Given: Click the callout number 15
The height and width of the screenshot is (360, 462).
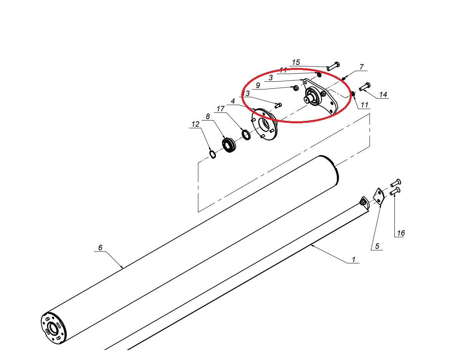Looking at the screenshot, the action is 296,63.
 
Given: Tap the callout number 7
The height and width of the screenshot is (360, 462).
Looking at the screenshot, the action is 362,67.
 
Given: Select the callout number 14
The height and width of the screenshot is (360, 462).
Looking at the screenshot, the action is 383,94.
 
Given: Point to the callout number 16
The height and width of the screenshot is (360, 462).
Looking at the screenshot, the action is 401,233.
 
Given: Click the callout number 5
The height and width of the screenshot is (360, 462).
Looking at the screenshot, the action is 377,246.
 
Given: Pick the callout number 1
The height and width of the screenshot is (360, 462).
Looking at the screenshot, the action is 354,259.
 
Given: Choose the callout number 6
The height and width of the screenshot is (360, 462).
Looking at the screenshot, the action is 100,248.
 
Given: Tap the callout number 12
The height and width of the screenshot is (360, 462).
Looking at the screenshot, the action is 195,124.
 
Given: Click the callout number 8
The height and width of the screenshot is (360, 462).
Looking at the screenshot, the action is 208,116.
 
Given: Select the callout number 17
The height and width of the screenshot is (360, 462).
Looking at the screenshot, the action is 220,109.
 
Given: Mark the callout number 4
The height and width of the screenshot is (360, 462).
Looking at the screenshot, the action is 233,101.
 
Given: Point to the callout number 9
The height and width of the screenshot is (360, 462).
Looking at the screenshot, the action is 258,85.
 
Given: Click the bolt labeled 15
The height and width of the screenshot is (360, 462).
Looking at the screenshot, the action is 333,66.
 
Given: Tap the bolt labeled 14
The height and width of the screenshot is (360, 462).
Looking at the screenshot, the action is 364,86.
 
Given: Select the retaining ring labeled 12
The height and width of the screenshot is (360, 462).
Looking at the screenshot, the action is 213,154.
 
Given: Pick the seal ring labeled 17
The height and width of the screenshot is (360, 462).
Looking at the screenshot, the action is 246,135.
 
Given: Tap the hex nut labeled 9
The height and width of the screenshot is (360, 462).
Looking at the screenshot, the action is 296,88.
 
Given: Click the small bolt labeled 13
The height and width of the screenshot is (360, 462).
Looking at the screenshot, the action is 278,105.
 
